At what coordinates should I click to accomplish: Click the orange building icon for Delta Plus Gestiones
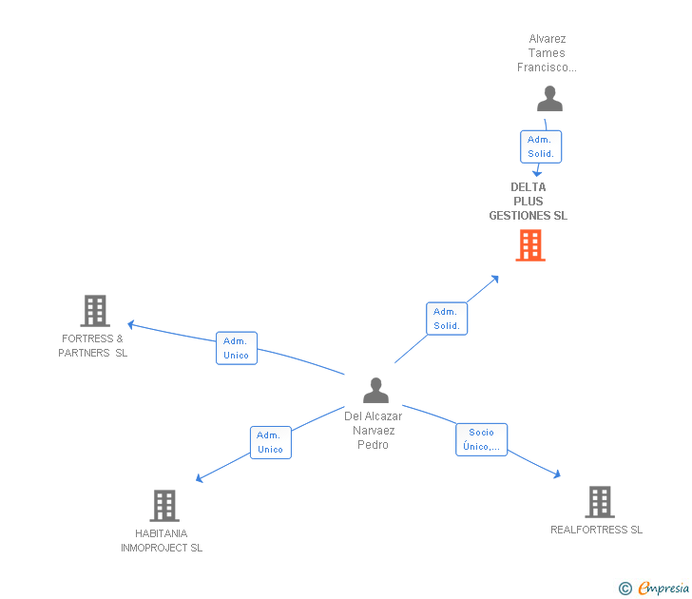click(530, 245)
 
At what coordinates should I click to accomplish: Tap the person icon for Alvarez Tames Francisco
click(549, 99)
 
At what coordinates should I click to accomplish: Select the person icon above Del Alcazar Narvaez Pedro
click(376, 390)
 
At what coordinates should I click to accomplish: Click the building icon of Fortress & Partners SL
click(95, 311)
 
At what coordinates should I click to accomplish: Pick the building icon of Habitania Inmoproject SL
click(164, 506)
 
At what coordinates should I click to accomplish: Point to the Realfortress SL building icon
click(600, 502)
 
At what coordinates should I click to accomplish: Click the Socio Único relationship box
click(482, 439)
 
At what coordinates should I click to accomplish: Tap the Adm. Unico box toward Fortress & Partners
click(237, 348)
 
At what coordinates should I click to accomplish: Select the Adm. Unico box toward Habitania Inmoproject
click(271, 442)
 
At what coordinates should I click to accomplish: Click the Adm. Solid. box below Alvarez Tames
click(541, 146)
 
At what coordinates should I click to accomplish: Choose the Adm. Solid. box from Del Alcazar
click(447, 319)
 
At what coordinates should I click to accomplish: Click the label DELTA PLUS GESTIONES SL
click(529, 202)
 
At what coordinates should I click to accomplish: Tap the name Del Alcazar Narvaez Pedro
click(374, 431)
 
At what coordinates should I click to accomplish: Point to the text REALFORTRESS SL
click(596, 530)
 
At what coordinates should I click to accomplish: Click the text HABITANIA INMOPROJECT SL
click(162, 541)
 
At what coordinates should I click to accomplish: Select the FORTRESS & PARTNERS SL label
click(93, 346)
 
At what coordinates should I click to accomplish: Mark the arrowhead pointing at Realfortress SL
click(557, 474)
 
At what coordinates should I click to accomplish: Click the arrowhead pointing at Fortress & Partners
click(130, 325)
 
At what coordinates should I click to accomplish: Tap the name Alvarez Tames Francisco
click(547, 53)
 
